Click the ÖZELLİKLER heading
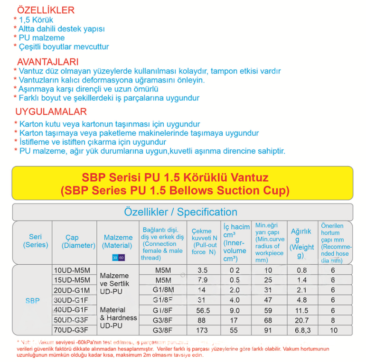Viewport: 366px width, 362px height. (x=46, y=10)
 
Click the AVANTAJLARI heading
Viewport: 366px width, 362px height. (x=48, y=62)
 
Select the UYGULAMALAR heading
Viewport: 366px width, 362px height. (x=51, y=112)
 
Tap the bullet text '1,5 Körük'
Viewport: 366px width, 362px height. (x=36, y=20)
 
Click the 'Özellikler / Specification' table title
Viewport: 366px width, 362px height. (x=180, y=212)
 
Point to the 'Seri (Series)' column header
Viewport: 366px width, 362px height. (x=36, y=241)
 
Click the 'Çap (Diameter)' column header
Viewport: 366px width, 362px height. (x=78, y=241)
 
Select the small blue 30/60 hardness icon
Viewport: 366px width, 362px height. (x=118, y=258)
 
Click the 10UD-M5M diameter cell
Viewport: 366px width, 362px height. (x=72, y=270)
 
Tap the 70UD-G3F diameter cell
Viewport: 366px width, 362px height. (x=71, y=330)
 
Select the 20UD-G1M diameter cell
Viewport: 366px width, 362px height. (x=72, y=290)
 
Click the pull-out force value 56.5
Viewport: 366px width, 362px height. (x=203, y=310)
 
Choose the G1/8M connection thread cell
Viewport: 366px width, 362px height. (x=163, y=290)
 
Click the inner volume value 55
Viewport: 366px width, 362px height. (x=235, y=330)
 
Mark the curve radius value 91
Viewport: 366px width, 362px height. (x=268, y=330)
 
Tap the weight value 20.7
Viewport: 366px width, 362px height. (x=301, y=320)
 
